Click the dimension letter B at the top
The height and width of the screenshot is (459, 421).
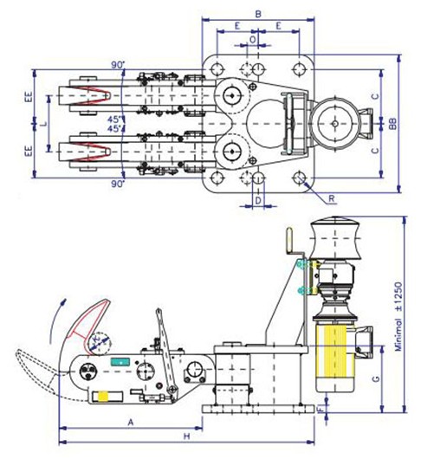point(258,14)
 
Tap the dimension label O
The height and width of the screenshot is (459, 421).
point(253,39)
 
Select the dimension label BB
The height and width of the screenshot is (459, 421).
point(392,124)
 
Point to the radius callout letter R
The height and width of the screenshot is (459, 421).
point(332,198)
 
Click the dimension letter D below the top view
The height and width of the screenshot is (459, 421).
point(258,201)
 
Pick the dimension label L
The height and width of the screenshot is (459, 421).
point(43,124)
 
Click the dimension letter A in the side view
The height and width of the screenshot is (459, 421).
point(131,422)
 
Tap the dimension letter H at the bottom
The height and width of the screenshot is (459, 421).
point(186,436)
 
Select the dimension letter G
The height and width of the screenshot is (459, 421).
point(376,378)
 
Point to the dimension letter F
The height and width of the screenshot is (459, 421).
point(321,410)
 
